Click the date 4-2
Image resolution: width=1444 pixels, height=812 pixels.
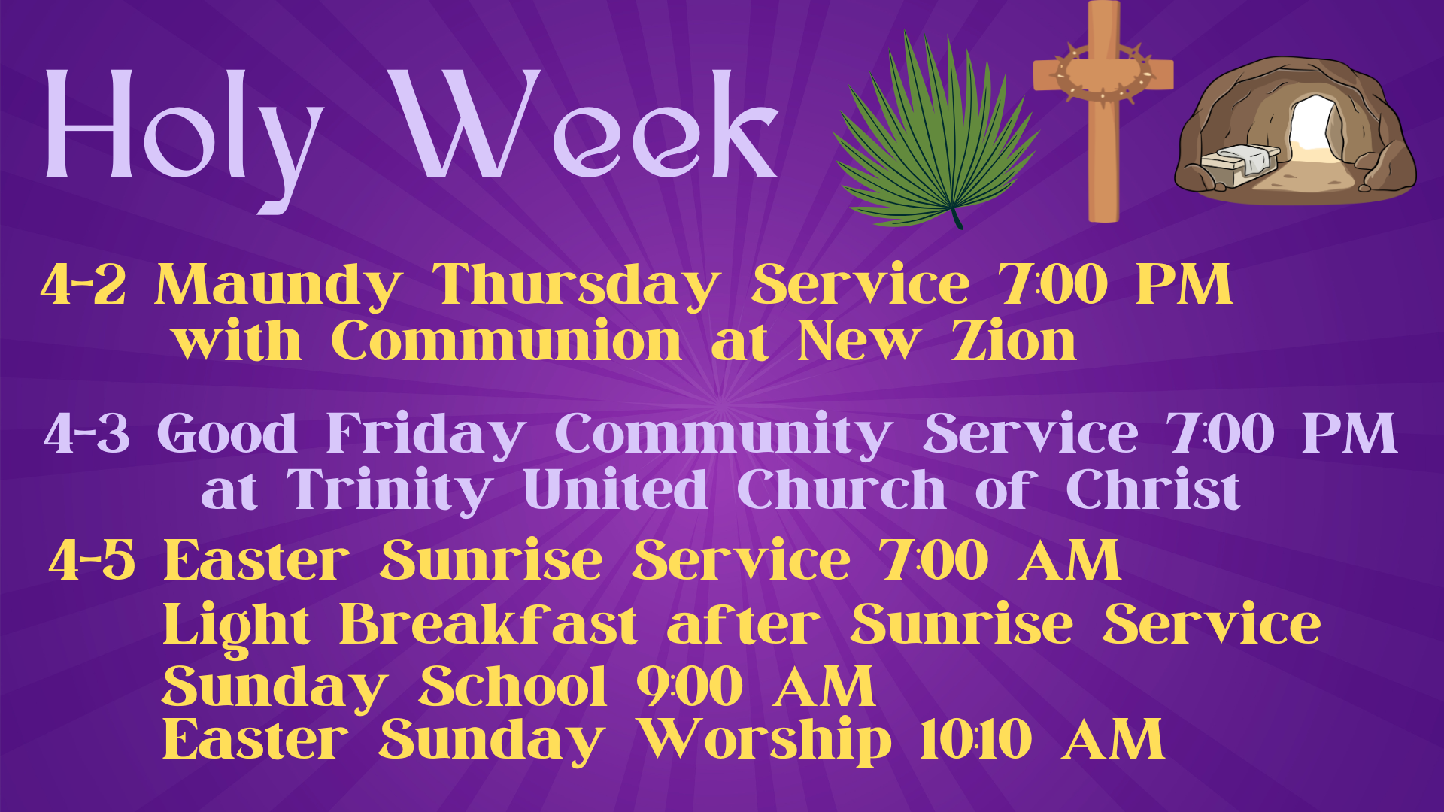83,285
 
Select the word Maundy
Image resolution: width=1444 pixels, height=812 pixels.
278,285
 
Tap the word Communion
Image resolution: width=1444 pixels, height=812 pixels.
506,341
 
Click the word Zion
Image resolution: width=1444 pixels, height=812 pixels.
1013,341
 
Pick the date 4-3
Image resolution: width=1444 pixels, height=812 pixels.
86,434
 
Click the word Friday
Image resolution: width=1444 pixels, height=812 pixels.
426,434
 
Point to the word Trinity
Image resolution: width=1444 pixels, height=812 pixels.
390,490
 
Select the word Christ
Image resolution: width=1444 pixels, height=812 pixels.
1153,490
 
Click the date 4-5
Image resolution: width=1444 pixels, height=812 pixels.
92,561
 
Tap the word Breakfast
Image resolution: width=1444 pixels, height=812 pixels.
488,626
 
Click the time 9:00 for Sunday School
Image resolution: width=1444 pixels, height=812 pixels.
690,687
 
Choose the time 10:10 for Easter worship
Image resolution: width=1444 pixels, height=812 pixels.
975,740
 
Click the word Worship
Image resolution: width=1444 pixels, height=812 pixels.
765,740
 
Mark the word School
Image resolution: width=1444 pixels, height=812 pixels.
512,687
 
